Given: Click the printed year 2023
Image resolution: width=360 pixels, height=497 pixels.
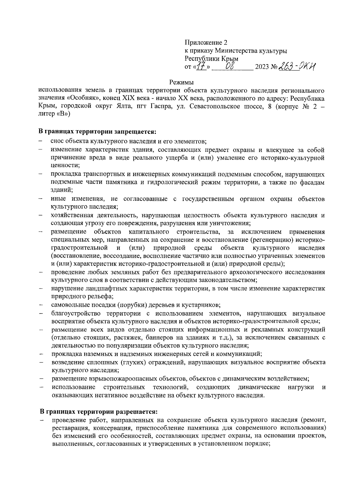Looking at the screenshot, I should pos(262,67).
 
